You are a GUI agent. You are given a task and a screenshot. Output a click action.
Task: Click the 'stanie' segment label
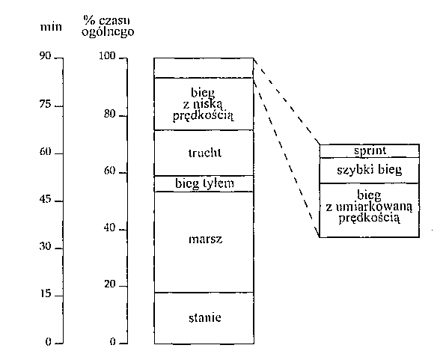(x=205, y=317)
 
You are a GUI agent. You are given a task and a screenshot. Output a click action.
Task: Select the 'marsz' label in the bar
(x=205, y=240)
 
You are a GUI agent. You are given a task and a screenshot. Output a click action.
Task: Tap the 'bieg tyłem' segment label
(x=204, y=183)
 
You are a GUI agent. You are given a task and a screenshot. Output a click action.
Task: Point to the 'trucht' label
(x=205, y=153)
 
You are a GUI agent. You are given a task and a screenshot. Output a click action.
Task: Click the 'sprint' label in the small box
(x=370, y=151)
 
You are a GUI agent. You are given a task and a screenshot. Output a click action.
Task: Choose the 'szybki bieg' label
(x=370, y=170)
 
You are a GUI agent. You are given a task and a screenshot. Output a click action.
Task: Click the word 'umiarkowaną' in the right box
(x=373, y=207)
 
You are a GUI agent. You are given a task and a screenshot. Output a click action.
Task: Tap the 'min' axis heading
(x=51, y=27)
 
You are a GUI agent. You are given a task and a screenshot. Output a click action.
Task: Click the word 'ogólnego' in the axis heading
(x=108, y=31)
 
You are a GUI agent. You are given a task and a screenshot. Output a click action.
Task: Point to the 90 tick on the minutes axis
(x=58, y=58)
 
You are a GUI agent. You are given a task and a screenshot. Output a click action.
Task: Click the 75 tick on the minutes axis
(x=58, y=106)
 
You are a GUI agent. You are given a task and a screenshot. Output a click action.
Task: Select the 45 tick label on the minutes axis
(x=45, y=199)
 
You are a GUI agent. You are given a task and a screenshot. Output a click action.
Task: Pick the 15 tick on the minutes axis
(x=58, y=296)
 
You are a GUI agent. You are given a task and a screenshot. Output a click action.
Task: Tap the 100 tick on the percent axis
(x=123, y=58)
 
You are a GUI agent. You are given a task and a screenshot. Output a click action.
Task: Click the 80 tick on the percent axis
(x=123, y=116)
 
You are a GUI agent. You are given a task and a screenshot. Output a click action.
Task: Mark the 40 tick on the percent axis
(x=123, y=230)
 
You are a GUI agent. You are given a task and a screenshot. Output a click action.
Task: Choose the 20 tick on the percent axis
(x=123, y=286)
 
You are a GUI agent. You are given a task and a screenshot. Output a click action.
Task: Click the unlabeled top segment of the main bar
(x=204, y=67)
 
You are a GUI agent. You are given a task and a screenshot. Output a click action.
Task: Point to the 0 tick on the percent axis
(x=123, y=344)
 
